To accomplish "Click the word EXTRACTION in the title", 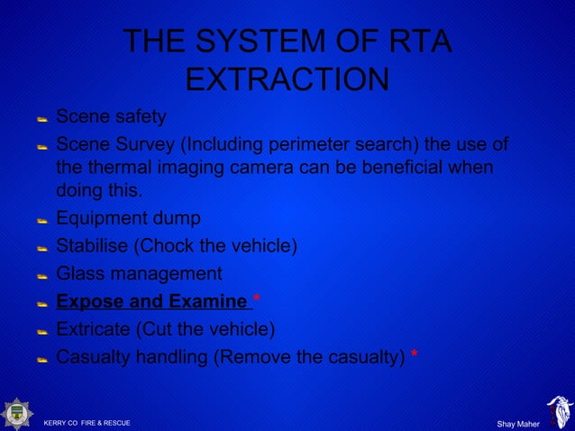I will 287,79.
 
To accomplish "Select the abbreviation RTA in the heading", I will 414,41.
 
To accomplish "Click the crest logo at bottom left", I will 17,413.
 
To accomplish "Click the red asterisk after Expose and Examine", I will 256,301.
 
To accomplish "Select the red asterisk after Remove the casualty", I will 414,356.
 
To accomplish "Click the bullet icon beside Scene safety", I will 41,118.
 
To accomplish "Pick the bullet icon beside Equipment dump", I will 41,220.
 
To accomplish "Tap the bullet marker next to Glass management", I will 41,275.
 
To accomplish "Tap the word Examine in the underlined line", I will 212,301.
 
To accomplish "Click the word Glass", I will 79,273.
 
